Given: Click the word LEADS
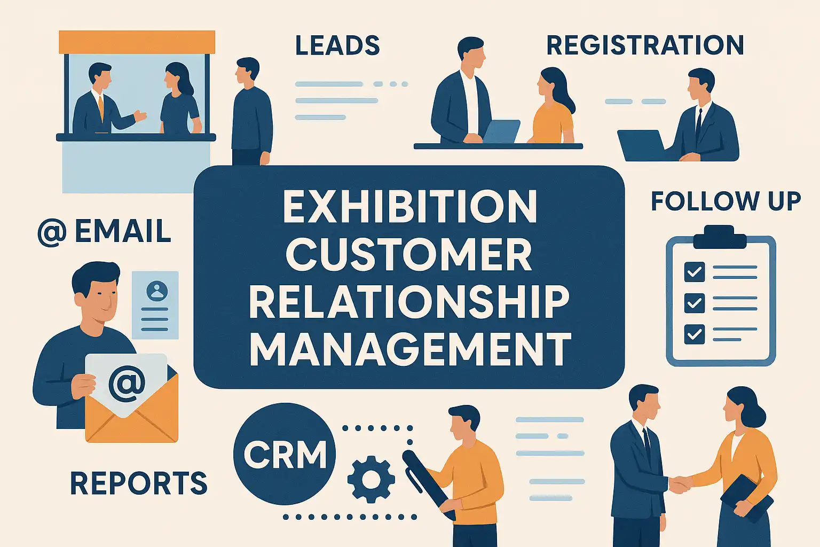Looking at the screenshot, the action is (337, 45).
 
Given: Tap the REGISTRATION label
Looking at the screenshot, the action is (645, 45).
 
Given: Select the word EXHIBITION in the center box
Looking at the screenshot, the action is (409, 206).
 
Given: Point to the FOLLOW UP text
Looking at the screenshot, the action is (726, 201).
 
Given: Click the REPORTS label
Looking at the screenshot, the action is (139, 483).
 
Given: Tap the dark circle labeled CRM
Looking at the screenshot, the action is (285, 454).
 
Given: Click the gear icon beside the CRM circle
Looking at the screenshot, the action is (371, 479).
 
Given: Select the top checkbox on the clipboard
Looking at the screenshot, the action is (695, 271).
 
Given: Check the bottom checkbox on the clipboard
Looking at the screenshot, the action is (695, 334).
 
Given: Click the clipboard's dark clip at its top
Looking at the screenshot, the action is (720, 237).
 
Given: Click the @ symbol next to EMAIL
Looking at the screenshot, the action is (52, 232).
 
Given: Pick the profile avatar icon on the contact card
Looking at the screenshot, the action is (157, 291).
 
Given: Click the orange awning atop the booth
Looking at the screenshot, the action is (137, 42).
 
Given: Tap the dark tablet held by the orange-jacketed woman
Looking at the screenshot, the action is (747, 498).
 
